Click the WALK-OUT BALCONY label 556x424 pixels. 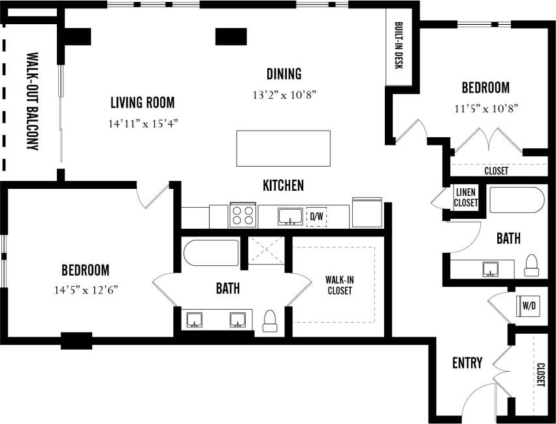coord(31,101)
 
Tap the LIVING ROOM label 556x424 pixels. coord(142,103)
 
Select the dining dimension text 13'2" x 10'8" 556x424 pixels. coord(284,95)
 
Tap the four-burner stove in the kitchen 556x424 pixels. coord(242,215)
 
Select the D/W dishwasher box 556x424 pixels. coord(316,216)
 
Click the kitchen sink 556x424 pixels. coord(288,216)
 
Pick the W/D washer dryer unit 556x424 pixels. coord(527,304)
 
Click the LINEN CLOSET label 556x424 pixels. coord(466,198)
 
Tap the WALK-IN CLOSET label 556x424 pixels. coord(339,285)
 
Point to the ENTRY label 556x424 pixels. coord(467,363)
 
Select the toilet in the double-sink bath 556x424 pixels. coord(269,320)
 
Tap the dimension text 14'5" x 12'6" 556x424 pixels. coord(86,288)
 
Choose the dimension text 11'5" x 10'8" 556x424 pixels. coord(485,108)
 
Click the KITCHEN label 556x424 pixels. coord(283,186)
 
